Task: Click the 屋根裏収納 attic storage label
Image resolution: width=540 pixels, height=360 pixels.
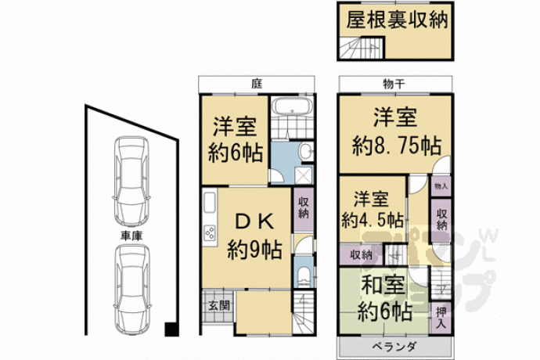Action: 397,20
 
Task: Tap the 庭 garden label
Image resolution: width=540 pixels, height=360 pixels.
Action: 257,84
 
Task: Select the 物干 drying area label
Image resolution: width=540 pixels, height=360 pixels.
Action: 394,84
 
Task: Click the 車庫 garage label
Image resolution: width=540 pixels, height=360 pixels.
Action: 131,236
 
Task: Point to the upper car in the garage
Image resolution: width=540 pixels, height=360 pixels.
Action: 131,182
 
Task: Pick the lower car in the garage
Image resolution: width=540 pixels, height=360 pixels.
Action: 131,290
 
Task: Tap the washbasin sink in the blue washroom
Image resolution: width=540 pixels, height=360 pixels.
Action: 306,152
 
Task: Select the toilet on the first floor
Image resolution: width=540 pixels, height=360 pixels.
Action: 303,276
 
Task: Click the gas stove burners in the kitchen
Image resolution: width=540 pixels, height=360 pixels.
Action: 210,233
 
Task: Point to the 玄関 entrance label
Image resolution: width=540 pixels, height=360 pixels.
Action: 219,305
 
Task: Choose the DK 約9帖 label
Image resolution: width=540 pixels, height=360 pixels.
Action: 255,236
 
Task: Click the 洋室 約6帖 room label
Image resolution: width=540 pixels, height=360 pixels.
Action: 236,139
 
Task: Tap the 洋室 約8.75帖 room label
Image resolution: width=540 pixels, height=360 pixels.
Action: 396,131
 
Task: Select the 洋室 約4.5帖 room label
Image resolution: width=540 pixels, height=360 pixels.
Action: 372,210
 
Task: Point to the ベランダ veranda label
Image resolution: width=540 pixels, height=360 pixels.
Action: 394,347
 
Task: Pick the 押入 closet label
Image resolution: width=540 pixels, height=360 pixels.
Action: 441,318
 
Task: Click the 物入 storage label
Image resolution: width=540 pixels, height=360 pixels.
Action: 441,186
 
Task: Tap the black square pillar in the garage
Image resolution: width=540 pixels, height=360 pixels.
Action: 171,329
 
